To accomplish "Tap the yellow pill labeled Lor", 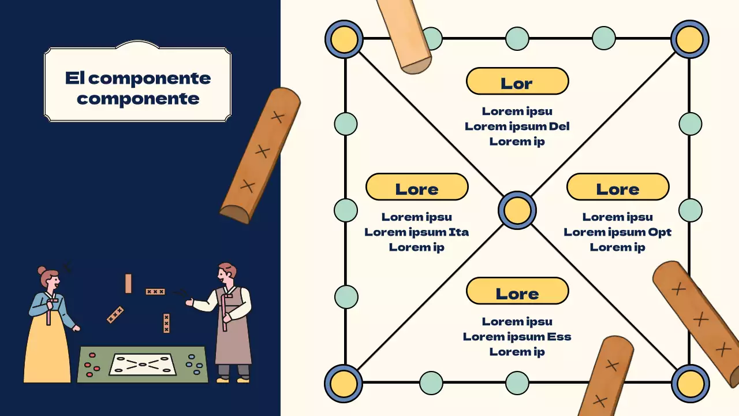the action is (517, 81).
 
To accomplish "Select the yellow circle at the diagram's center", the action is (517, 210).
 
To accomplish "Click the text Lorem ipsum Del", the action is (517, 126).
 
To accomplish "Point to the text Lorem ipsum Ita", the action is (416, 232).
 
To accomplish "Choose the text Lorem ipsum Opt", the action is (617, 232).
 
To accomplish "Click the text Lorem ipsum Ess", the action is (517, 337).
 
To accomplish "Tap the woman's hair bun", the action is (42, 270).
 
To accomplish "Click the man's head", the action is (226, 274).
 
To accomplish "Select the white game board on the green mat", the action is (143, 364).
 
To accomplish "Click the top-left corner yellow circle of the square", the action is (344, 39).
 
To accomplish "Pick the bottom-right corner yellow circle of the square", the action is (690, 383).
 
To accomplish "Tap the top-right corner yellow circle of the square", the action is (690, 39).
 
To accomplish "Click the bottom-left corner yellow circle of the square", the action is (344, 383).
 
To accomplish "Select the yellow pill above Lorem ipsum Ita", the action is (416, 187).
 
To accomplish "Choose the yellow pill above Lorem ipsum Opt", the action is (617, 187).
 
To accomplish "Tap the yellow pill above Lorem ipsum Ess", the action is (517, 291).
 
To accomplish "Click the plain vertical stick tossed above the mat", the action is (128, 284).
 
